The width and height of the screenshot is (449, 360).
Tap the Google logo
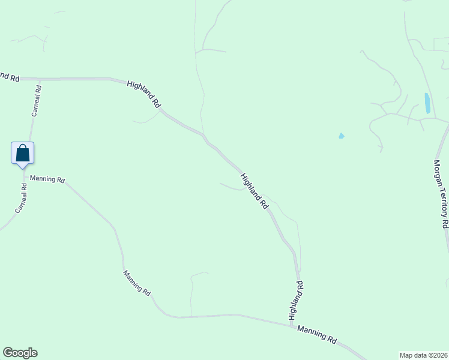point(20,353)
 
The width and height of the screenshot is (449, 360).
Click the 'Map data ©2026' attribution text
point(423,355)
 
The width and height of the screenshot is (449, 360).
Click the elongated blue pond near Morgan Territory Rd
point(427,103)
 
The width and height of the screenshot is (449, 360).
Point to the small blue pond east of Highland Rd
point(342,136)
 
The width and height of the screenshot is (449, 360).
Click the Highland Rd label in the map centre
point(255,191)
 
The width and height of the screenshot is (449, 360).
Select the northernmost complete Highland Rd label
point(145,94)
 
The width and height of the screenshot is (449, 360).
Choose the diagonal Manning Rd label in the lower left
point(137,282)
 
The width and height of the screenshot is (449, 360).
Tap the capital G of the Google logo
point(8,353)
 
